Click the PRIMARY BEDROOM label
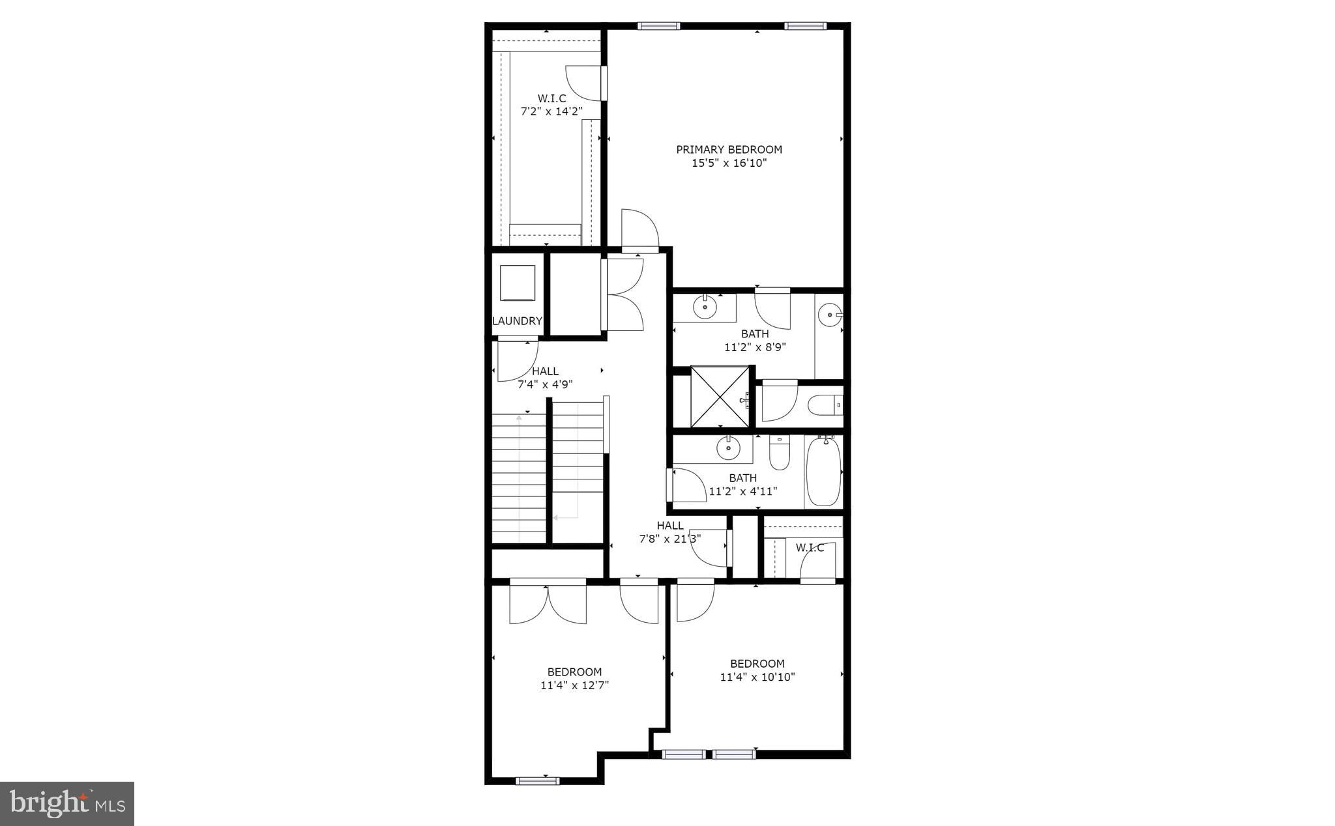pos(729,149)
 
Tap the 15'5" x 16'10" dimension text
pos(729,163)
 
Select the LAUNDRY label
pos(517,320)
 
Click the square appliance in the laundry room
pos(517,283)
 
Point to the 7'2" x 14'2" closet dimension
pos(551,111)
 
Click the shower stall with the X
pos(720,396)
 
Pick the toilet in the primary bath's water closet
pos(825,406)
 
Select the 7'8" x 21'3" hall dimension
pos(669,539)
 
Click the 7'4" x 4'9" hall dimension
pos(545,384)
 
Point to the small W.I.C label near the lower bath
pos(810,548)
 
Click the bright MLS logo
pos(67,803)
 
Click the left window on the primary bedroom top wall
pos(658,26)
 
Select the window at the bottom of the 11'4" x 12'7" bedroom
pos(537,780)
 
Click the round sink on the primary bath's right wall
pos(829,315)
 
